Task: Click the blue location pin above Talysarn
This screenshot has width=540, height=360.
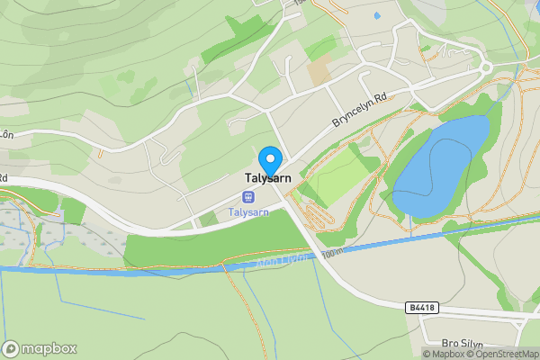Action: click(x=269, y=158)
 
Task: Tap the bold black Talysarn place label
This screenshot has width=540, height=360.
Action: click(x=268, y=179)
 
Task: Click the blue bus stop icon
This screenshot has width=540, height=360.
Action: click(x=247, y=197)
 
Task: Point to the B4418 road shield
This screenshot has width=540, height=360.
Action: click(x=421, y=307)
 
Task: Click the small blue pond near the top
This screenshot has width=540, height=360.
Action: click(x=375, y=16)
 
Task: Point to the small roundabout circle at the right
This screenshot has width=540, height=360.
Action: click(x=485, y=67)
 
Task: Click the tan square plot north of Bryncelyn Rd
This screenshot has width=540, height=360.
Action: click(x=319, y=71)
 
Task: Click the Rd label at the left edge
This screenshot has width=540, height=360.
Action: click(x=4, y=178)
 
